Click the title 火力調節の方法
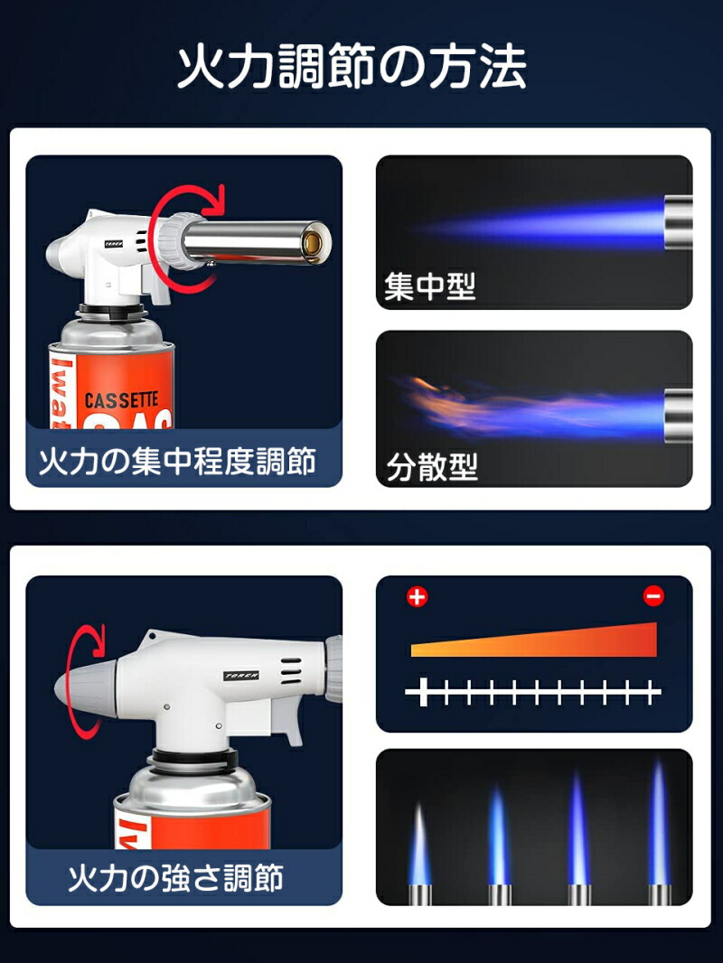tap(352, 68)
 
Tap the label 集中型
tap(429, 287)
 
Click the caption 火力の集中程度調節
tap(177, 462)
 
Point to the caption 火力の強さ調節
tap(176, 877)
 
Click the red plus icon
tap(418, 596)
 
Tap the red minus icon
tap(653, 596)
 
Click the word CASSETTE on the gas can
tap(121, 399)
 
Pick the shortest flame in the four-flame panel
tap(419, 845)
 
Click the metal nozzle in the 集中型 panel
tap(678, 222)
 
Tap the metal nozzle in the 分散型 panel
tap(678, 416)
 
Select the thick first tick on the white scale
tap(423, 694)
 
